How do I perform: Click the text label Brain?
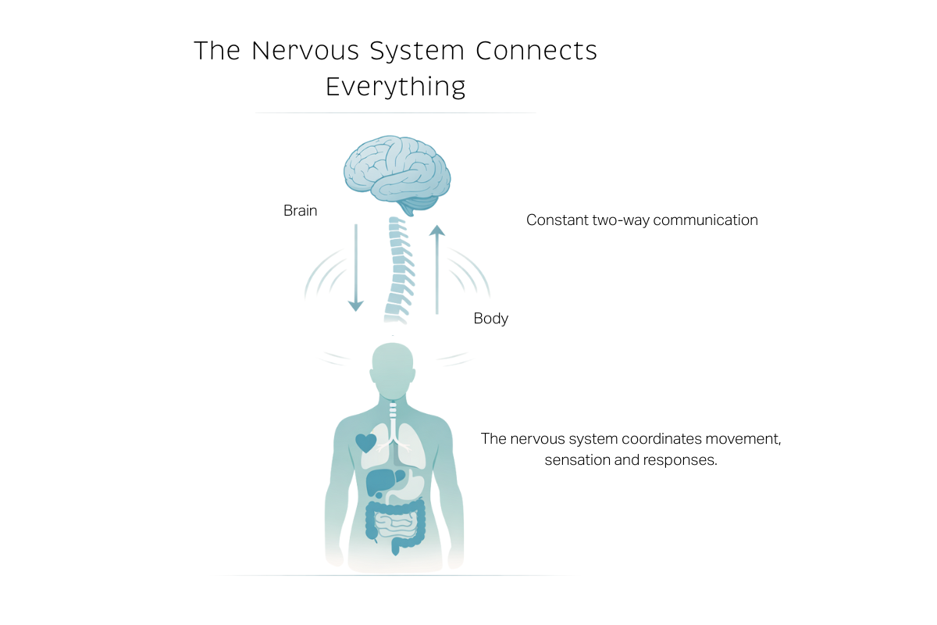[301, 211]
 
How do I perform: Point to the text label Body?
[491, 319]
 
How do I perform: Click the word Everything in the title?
[395, 86]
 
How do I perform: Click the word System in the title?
[417, 51]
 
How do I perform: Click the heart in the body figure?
[365, 443]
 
